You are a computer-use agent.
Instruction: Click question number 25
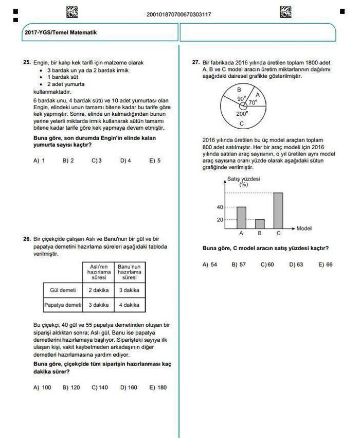click(x=27, y=62)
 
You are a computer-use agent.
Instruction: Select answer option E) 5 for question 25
click(x=155, y=161)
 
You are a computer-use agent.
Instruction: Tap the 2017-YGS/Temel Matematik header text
click(x=61, y=32)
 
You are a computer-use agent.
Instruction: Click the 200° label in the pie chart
click(x=242, y=114)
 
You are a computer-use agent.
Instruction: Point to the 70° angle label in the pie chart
click(x=253, y=102)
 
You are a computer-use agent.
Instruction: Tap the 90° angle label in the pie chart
click(x=241, y=99)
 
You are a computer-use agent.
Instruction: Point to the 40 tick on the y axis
click(x=221, y=207)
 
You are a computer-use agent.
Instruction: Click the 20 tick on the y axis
click(x=221, y=220)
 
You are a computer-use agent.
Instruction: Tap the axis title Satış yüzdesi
click(x=243, y=179)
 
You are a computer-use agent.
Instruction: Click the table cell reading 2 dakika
click(x=98, y=290)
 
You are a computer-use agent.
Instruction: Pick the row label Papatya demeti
click(x=63, y=305)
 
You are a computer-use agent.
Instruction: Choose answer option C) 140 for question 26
click(x=100, y=388)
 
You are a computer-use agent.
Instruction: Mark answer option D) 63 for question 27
click(x=296, y=265)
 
